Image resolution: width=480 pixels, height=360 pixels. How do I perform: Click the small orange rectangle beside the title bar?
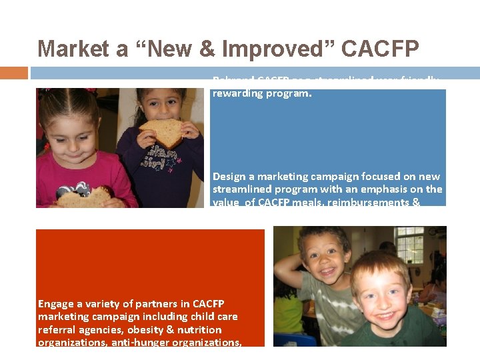(x=14, y=73)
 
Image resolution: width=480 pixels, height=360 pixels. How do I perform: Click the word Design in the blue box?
(x=230, y=177)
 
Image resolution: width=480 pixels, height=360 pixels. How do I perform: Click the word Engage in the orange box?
(x=56, y=304)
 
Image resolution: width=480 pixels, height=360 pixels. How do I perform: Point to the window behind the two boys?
(x=409, y=244)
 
